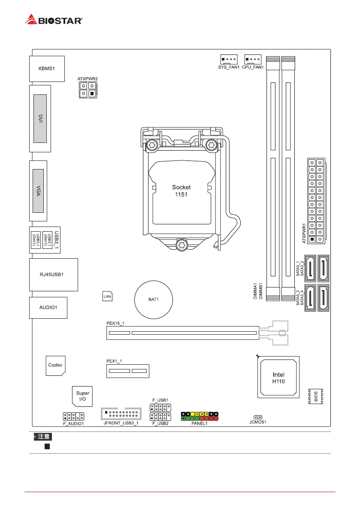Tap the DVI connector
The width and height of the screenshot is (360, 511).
(x=39, y=119)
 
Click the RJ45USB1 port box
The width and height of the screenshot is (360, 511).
(x=54, y=275)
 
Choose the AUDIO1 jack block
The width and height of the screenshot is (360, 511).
(x=48, y=307)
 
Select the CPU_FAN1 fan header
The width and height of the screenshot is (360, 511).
(x=253, y=60)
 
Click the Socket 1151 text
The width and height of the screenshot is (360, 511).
(x=181, y=190)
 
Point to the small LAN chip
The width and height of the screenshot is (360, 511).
(x=107, y=296)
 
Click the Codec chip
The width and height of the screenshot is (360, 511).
(x=55, y=365)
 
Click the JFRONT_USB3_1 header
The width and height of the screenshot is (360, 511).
(x=121, y=414)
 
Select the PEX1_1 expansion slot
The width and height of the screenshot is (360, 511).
(x=128, y=371)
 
